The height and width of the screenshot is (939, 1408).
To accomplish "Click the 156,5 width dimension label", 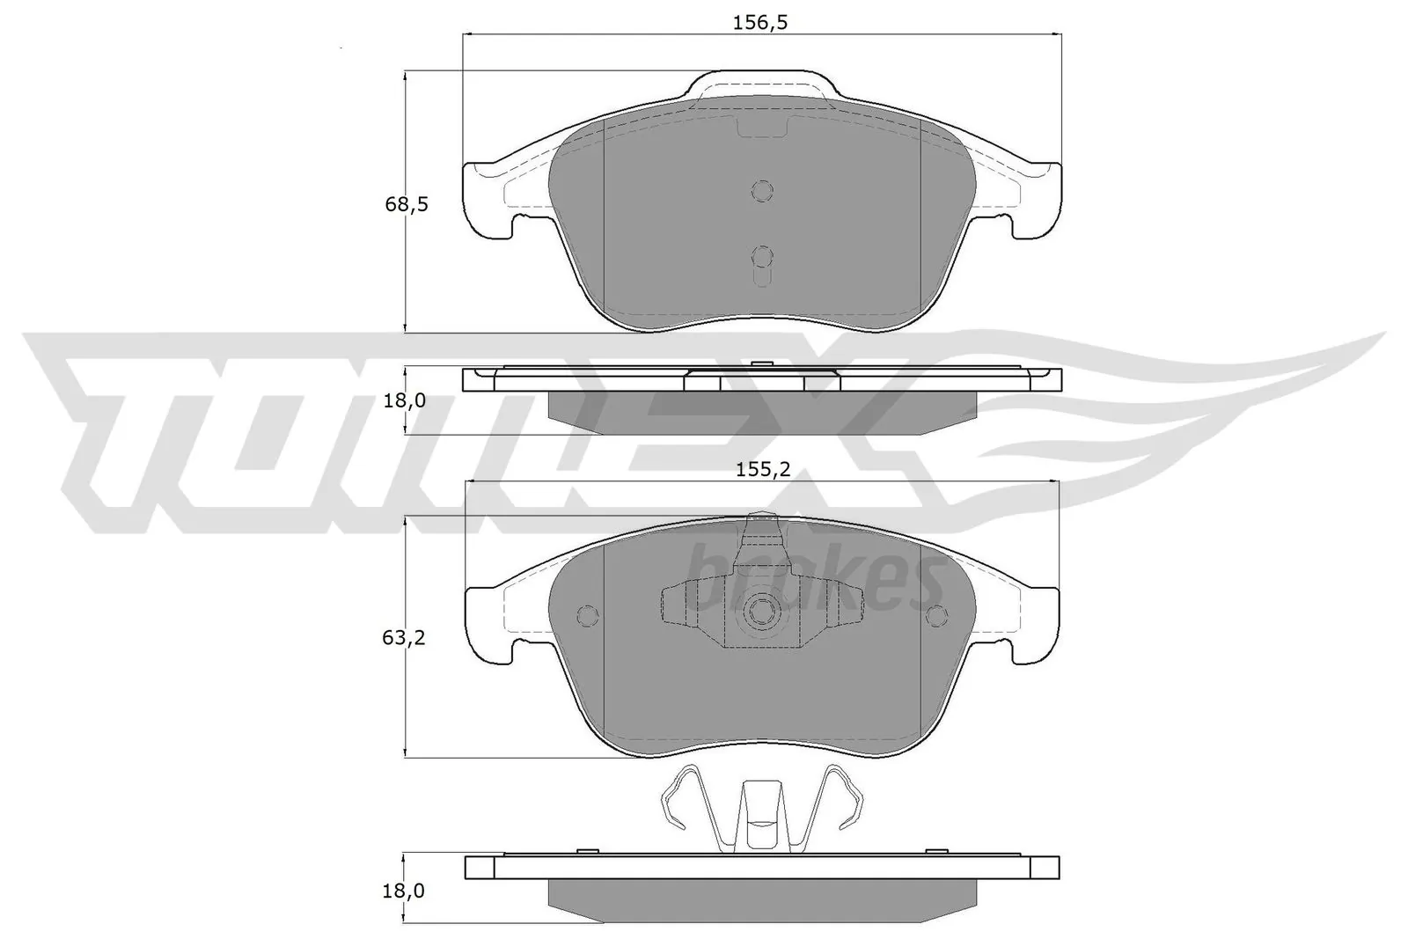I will coord(759,24).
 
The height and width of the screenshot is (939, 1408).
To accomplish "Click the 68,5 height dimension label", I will coord(407,205).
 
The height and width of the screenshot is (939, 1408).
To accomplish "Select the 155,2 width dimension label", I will coord(762,470).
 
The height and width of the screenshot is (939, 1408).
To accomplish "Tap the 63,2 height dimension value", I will coord(404,638).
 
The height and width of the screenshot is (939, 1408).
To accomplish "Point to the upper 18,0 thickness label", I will coord(406,401).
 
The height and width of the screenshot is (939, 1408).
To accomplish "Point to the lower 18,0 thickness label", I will coord(406,891).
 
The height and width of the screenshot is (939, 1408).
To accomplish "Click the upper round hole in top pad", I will coord(762,190).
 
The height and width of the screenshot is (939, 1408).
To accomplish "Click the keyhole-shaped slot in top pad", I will coord(762,260).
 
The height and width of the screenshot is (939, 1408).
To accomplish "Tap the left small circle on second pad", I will coord(587,614).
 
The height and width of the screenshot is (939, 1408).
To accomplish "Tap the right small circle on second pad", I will coord(936,614).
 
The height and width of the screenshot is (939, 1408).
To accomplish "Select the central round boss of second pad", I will coord(761,613).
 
